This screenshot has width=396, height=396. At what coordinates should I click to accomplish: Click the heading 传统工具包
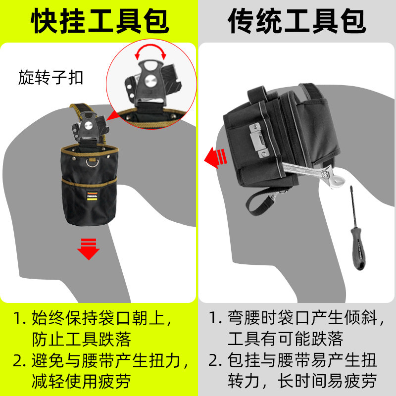pyautogui.click(x=297, y=21)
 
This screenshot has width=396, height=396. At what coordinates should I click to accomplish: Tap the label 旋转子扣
pyautogui.click(x=51, y=78)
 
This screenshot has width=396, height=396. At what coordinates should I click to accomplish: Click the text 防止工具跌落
pyautogui.click(x=82, y=339)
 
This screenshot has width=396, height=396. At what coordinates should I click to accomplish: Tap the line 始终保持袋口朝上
pyautogui.click(x=101, y=317)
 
